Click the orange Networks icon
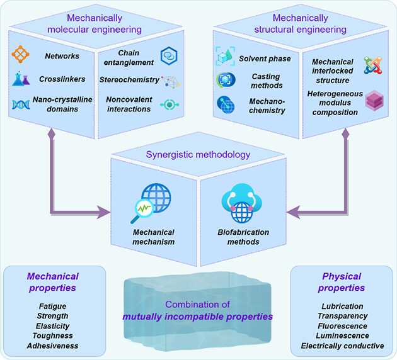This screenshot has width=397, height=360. pos(21,56)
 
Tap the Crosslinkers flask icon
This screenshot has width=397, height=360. pos(22,79)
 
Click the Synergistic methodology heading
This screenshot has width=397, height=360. pos(199,155)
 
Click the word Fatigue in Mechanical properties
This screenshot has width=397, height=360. pos(53,306)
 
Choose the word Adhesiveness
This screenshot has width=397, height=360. pos(53,346)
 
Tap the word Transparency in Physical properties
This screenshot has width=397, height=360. pos(342,315)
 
